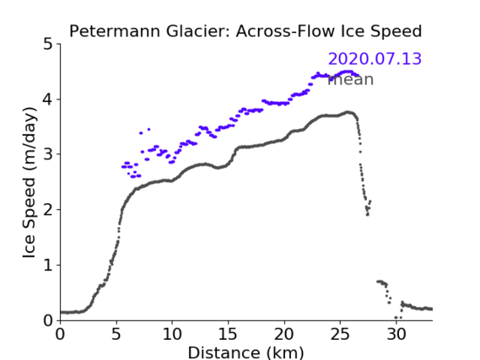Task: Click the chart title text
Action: (245, 31)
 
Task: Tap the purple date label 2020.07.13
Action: (375, 59)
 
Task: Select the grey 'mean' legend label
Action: (351, 79)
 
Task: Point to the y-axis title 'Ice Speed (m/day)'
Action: (30, 183)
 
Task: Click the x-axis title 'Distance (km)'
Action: (245, 352)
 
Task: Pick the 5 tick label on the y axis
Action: (48, 44)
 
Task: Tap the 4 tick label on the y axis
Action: (48, 99)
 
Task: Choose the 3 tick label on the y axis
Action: (48, 154)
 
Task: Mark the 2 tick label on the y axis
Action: (48, 210)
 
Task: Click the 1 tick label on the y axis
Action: (48, 265)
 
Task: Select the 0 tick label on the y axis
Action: (48, 320)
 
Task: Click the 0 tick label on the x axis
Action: (60, 335)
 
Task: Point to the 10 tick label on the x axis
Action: (172, 335)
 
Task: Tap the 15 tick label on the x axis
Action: (228, 335)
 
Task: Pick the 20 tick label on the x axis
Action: (283, 335)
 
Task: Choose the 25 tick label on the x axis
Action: (340, 335)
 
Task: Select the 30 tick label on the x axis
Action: (396, 335)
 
